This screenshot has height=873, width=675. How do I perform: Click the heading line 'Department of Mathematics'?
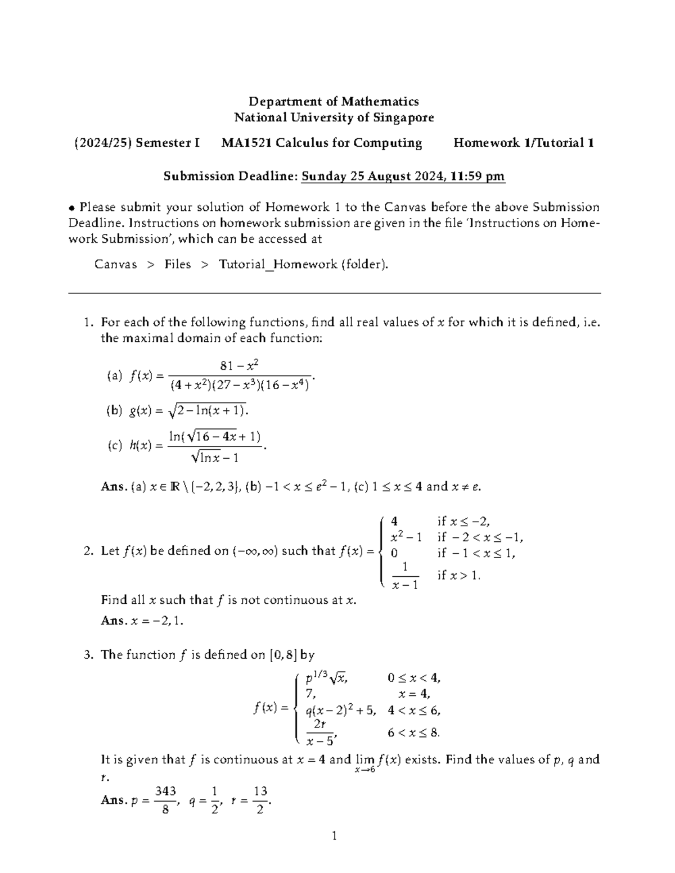334,101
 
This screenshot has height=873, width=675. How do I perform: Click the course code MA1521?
246,143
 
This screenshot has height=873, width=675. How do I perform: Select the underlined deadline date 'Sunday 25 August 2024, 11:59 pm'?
403,177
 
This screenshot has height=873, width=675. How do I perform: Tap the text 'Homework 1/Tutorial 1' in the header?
524,143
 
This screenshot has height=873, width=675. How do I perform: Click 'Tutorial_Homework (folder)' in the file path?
303,264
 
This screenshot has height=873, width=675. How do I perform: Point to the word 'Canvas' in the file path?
115,264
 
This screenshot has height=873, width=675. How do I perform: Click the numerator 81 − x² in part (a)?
239,366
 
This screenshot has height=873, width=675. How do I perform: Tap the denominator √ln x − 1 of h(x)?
215,458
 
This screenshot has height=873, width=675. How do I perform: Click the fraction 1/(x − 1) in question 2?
405,576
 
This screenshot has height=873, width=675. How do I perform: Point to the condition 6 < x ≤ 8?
413,732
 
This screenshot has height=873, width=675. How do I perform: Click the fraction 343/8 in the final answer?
165,800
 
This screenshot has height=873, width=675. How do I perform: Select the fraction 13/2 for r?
260,800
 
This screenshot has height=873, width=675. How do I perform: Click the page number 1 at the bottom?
334,836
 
